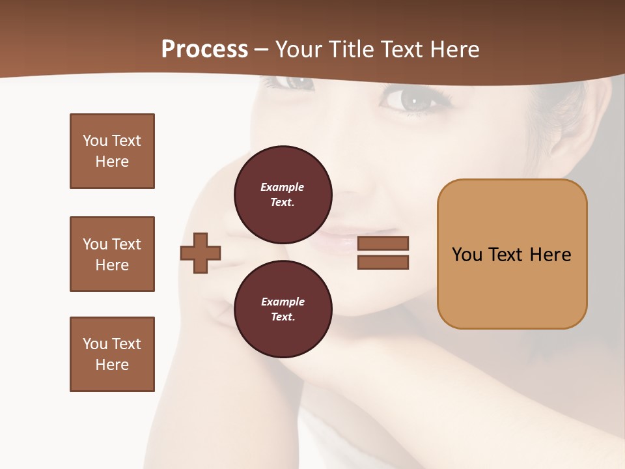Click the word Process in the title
(x=204, y=50)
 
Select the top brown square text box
(x=112, y=151)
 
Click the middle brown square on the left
(x=112, y=254)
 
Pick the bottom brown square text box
(x=112, y=354)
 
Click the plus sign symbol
(x=201, y=253)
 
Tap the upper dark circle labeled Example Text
(x=283, y=194)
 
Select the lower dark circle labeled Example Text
(x=283, y=309)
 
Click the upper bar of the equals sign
(x=383, y=243)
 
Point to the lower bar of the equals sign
(x=383, y=262)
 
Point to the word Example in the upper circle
(x=282, y=187)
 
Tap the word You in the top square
(x=94, y=141)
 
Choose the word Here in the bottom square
(x=112, y=365)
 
